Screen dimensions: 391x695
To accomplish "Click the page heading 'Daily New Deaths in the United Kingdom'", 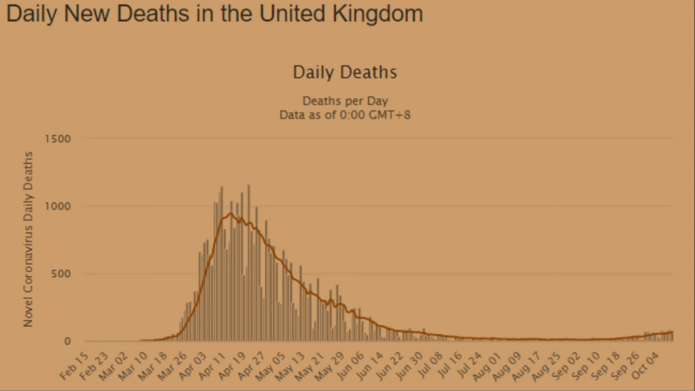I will pos(214,14).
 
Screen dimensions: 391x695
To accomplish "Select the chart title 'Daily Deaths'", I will pos(345,72).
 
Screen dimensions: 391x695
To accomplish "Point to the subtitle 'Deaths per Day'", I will pos(345,101).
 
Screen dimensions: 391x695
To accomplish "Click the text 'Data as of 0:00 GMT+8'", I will pos(345,115).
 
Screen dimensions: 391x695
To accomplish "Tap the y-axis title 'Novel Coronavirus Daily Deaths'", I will pos(28,239).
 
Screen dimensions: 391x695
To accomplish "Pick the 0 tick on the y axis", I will pos(67,341).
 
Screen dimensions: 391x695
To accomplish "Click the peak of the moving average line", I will pos(230,214).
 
